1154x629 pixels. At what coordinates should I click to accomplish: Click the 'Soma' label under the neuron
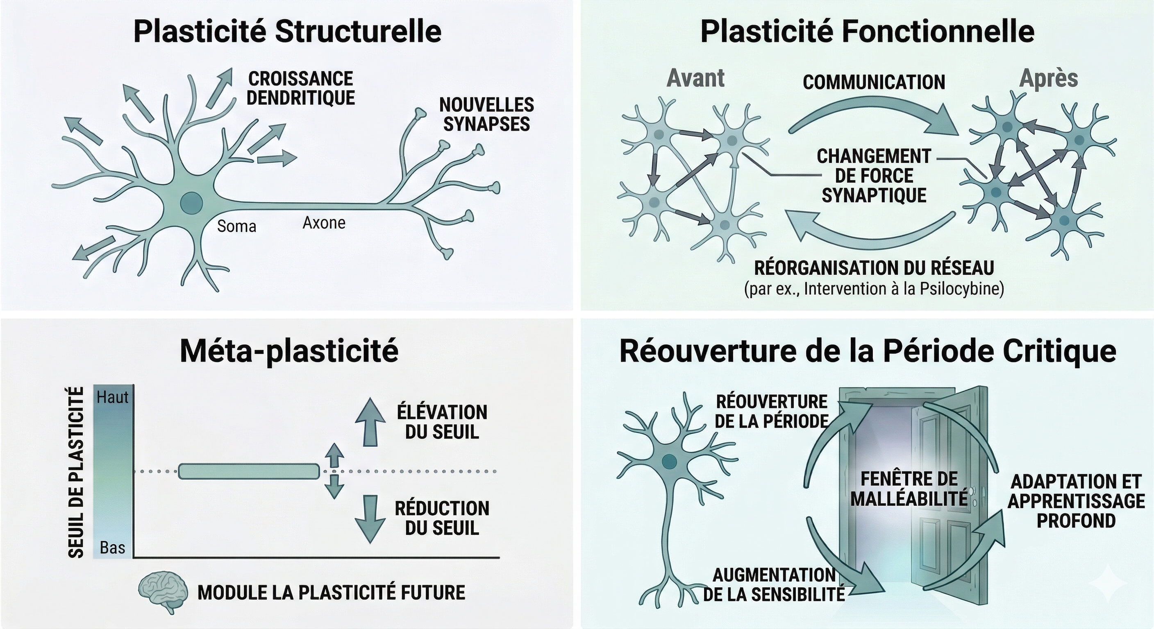click(x=236, y=226)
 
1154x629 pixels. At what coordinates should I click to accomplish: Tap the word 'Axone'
click(x=324, y=222)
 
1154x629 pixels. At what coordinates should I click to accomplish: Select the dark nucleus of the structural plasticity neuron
click(x=191, y=204)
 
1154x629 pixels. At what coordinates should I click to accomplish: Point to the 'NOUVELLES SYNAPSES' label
click(x=486, y=115)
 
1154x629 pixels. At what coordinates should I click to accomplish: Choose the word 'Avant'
click(x=695, y=78)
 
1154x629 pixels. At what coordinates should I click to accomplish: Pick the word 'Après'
click(x=1048, y=78)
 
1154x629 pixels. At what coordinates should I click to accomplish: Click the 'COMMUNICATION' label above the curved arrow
click(x=874, y=82)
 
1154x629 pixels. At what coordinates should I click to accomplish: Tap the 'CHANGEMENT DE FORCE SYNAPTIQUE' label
click(x=874, y=176)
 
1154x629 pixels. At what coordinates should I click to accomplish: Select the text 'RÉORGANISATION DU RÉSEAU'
click(x=874, y=268)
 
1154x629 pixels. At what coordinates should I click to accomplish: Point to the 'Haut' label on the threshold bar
click(x=112, y=397)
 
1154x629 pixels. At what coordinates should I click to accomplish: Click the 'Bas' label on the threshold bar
click(x=112, y=548)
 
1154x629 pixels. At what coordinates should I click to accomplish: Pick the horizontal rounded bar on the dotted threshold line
click(x=249, y=471)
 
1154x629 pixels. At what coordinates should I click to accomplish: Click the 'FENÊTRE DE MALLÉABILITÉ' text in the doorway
click(x=909, y=489)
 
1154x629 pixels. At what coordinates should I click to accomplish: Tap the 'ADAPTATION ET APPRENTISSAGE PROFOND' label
click(x=1076, y=501)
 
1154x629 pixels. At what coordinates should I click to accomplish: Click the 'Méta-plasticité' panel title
click(x=289, y=352)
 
